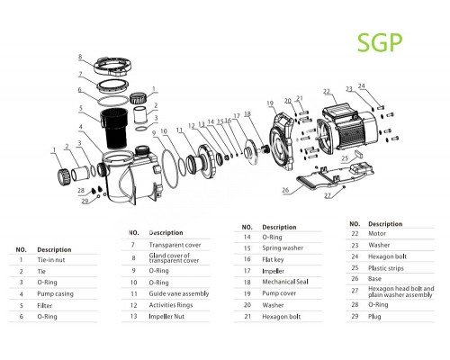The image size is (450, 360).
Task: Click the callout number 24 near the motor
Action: tap(362, 87)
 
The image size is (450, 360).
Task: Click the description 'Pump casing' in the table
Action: tap(55, 292)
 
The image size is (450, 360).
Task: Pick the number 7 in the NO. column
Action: tap(132, 244)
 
